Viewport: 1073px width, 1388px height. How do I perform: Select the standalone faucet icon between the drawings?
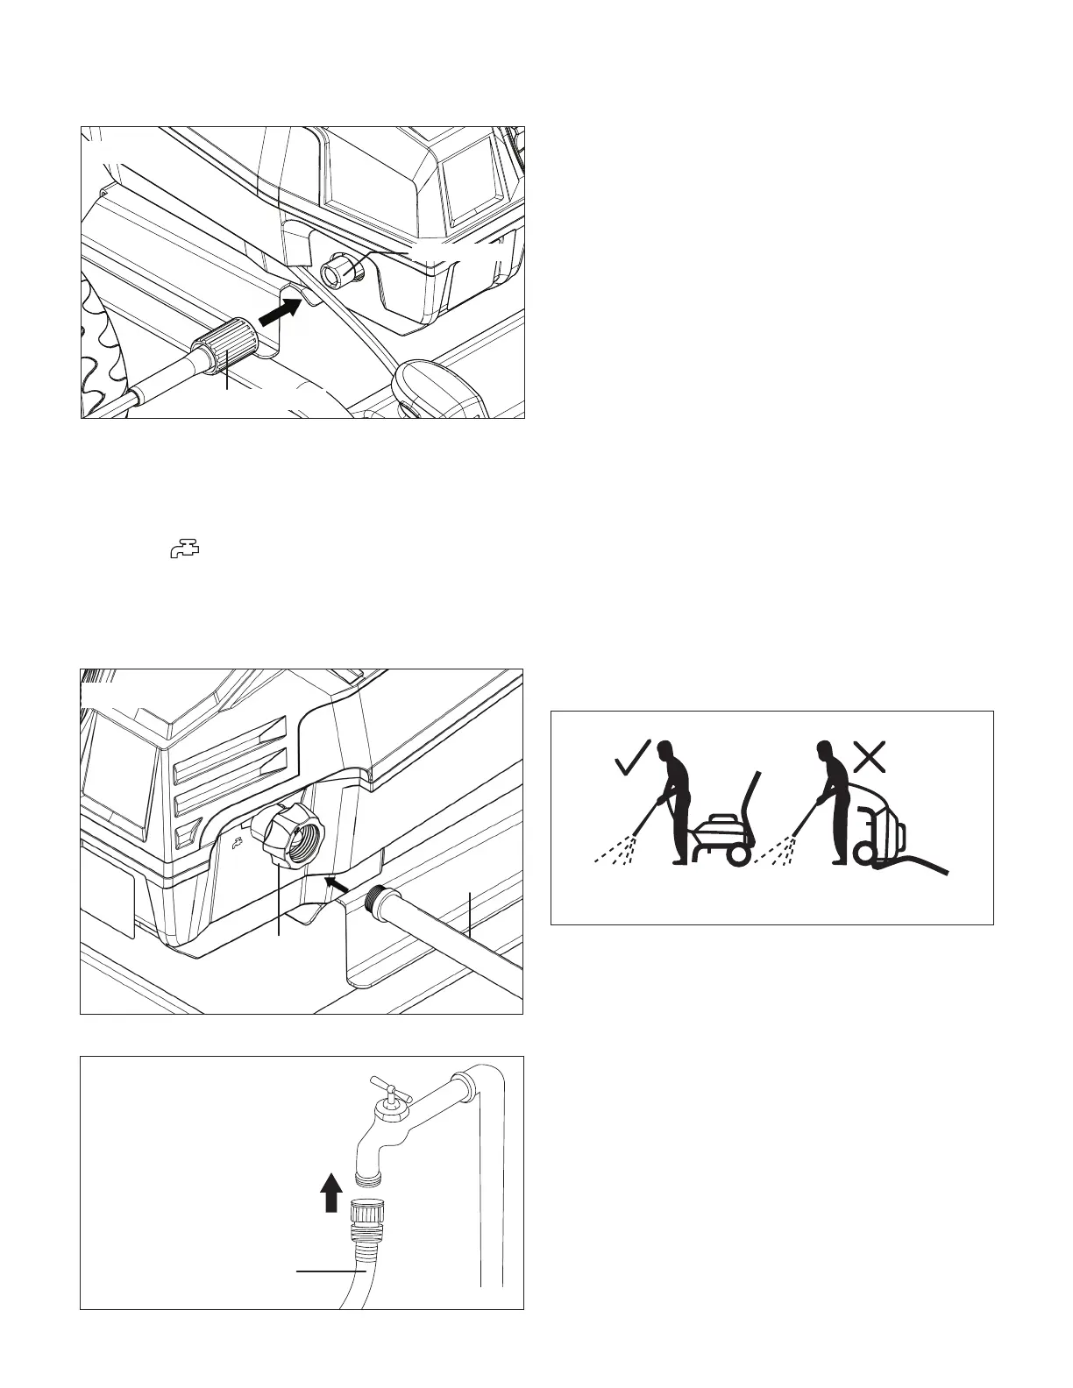pos(184,550)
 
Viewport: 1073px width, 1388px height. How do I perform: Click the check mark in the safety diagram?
pos(632,757)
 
